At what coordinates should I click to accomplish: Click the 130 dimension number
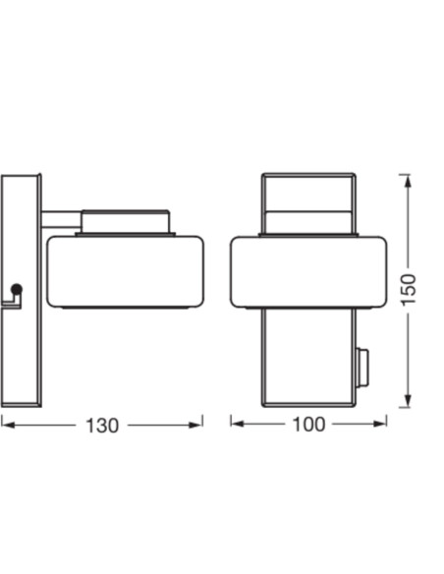click(x=102, y=426)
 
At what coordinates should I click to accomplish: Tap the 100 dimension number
click(x=308, y=425)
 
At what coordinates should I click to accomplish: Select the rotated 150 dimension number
click(x=409, y=289)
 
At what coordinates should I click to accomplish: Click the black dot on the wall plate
click(x=17, y=290)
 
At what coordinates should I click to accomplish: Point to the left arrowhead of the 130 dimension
click(x=7, y=425)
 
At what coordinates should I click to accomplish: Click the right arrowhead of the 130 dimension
click(x=195, y=425)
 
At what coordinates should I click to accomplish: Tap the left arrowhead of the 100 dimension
click(x=238, y=424)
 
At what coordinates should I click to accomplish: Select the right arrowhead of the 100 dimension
click(x=380, y=424)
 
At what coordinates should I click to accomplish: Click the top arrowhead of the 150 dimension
click(x=408, y=181)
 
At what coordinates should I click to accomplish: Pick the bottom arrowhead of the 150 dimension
click(x=408, y=400)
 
